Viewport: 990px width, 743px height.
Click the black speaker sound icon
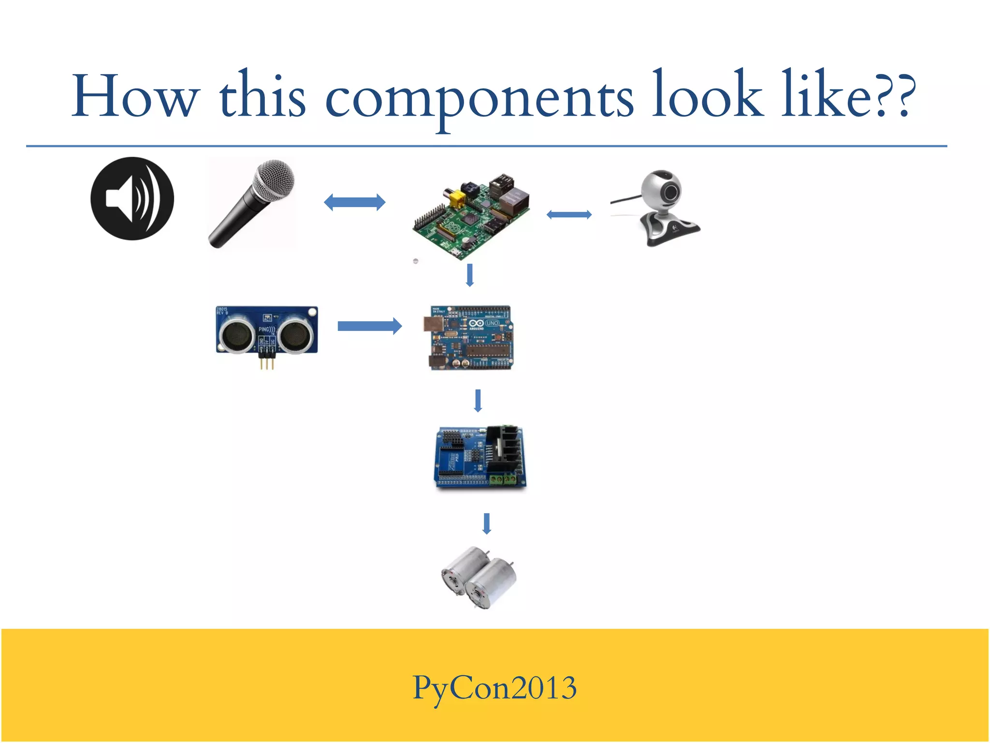132,198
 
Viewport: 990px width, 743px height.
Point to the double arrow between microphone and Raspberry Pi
354,202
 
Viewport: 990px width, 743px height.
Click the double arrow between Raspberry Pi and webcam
569,215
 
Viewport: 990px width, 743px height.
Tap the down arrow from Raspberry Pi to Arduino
469,275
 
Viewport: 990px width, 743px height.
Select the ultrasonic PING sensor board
266,330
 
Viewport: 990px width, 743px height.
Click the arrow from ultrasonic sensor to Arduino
369,326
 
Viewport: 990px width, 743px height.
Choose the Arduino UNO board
470,338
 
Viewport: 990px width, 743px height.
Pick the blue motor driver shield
480,458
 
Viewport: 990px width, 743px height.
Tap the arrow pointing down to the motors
487,523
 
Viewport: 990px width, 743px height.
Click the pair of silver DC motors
479,578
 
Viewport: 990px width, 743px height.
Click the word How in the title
135,97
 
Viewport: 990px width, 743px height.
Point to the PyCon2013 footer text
495,688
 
